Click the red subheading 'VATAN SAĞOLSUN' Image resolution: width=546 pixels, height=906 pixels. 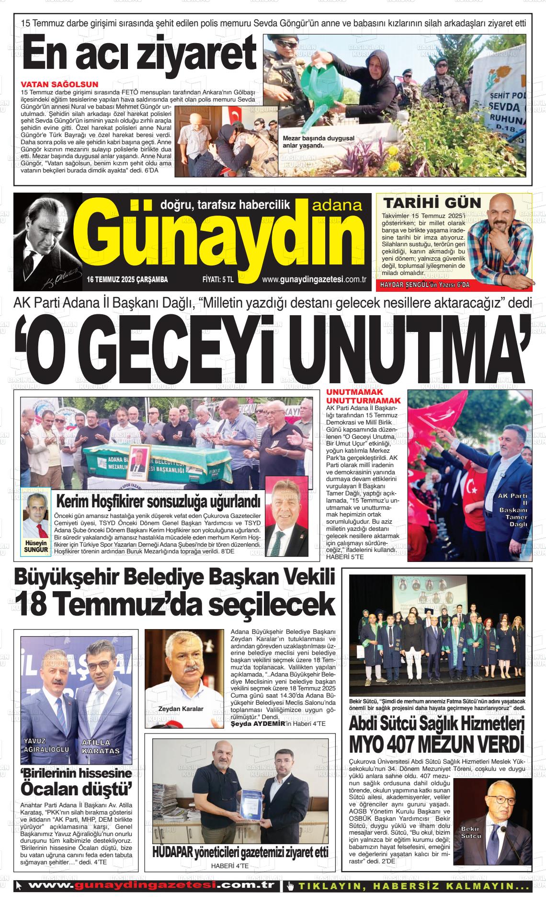pos(60,85)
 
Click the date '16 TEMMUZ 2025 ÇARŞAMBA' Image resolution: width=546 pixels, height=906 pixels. pos(127,280)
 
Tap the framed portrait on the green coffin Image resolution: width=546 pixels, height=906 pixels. pos(142,461)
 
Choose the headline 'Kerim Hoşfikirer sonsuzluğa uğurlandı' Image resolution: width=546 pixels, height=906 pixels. pos(159,502)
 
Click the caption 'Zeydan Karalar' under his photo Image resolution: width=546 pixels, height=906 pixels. pos(181,709)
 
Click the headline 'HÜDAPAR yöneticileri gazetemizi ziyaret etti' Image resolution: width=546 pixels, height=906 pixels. pos(240,852)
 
